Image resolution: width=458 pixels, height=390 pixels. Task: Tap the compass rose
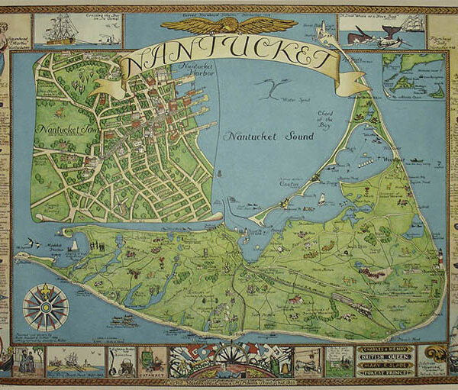46,306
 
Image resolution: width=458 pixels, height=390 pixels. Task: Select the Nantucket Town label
64,129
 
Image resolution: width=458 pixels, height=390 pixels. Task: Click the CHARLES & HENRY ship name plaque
385,350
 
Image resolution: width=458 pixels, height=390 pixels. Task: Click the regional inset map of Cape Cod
414,76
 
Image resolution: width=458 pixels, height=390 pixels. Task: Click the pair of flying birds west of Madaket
32,242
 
